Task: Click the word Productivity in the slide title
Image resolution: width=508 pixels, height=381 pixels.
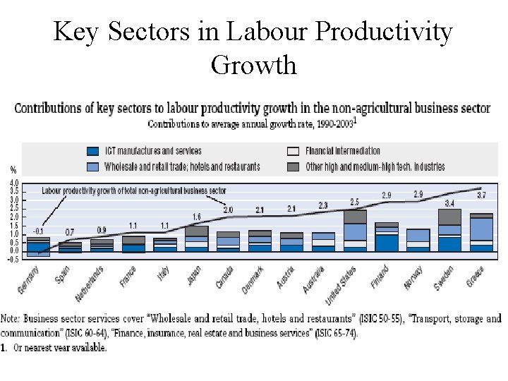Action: (x=384, y=32)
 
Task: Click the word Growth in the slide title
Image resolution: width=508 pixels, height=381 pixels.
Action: (x=253, y=65)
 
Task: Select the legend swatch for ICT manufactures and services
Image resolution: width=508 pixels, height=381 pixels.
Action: (x=92, y=151)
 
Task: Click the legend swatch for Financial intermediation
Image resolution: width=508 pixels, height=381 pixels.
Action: (x=294, y=151)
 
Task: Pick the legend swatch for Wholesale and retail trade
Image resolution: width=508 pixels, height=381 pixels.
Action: (x=92, y=167)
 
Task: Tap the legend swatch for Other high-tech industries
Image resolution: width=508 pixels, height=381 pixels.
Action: (x=294, y=167)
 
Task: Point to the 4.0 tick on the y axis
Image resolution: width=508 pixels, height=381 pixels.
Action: (x=14, y=183)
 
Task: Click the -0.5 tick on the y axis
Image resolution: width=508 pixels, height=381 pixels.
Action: (x=13, y=259)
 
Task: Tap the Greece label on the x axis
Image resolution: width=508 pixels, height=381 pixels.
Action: (x=474, y=277)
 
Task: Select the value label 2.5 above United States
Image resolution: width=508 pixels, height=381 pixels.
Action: (x=354, y=202)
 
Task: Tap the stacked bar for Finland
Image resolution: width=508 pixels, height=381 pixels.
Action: (x=386, y=237)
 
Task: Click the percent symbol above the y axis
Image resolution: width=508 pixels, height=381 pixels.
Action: (x=13, y=170)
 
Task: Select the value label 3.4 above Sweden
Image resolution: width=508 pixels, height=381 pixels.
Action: (x=449, y=203)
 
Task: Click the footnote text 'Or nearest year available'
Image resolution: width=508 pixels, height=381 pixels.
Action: (x=59, y=347)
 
